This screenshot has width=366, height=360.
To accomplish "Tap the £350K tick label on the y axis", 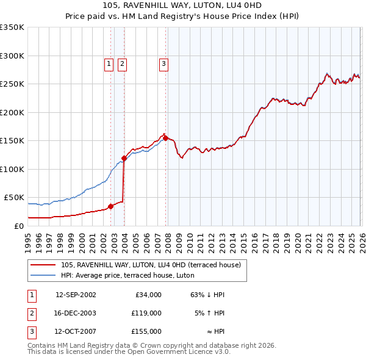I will pos(12,27).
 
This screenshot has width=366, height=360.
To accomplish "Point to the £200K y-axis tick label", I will pos(12,112).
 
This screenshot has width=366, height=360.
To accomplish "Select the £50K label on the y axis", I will pos(15,198).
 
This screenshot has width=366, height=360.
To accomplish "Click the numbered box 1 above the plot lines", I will pos(109,62).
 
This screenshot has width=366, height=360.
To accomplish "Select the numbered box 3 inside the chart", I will pos(164,62).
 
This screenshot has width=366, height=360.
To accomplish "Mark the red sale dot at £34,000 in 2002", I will pos(110,206).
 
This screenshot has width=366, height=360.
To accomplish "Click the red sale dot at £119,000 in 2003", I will pos(124,158).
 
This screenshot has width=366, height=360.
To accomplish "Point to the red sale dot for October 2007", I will pos(165,138).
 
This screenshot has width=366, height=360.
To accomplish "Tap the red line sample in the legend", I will pos(44,265).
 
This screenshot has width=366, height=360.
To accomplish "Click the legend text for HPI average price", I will pos(127,275).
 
